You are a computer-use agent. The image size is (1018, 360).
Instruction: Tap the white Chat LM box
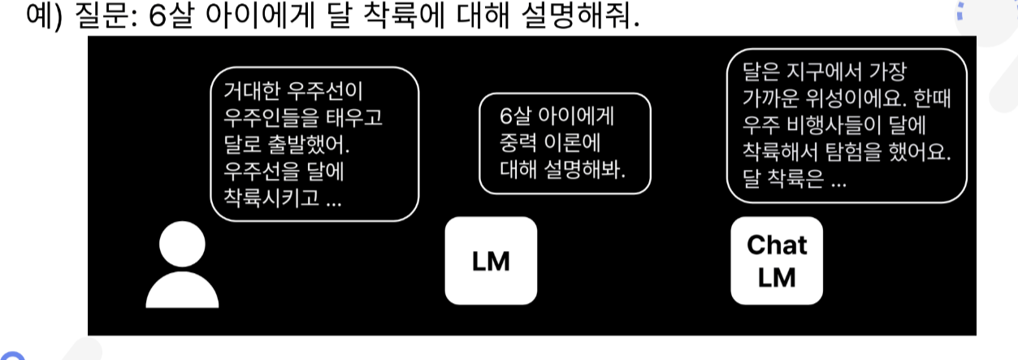point(777,261)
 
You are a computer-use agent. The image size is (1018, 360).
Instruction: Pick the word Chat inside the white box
point(777,245)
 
